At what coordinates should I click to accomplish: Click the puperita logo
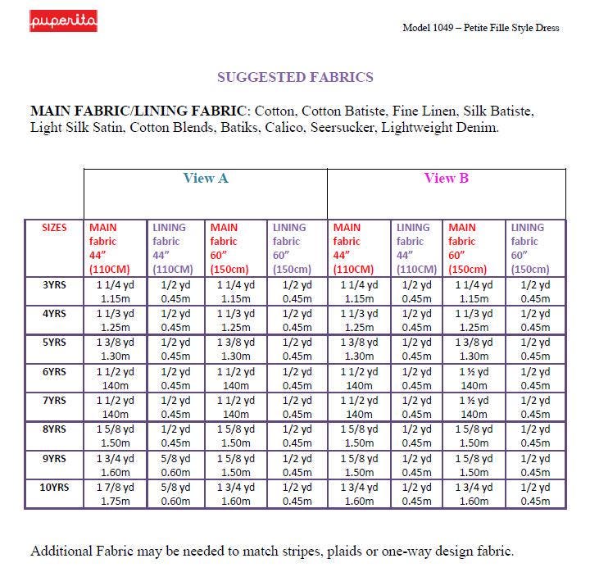pyautogui.click(x=63, y=20)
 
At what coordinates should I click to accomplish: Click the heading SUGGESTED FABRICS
pyautogui.click(x=295, y=77)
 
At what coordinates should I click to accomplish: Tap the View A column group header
pyautogui.click(x=205, y=178)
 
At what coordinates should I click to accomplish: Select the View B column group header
pyautogui.click(x=446, y=178)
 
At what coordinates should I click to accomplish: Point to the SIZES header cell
pyautogui.click(x=54, y=228)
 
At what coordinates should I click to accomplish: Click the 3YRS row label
pyautogui.click(x=54, y=285)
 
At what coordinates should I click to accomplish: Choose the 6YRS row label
pyautogui.click(x=54, y=371)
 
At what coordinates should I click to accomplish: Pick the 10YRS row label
pyautogui.click(x=54, y=487)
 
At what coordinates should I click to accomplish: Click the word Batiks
pyautogui.click(x=238, y=128)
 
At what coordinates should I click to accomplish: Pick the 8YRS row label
pyautogui.click(x=54, y=429)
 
